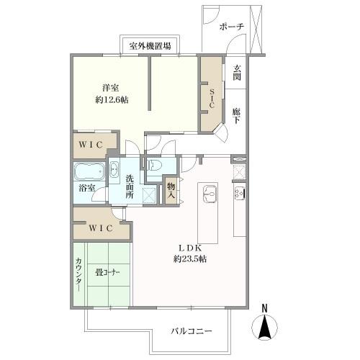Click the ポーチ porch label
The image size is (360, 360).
[231, 27]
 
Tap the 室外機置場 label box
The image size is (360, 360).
[150, 45]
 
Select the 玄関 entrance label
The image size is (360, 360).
[237, 74]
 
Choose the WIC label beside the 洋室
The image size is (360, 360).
[93, 145]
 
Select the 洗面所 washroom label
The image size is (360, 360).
[130, 186]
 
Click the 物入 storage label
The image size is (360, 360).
[171, 190]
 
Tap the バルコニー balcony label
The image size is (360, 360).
[192, 332]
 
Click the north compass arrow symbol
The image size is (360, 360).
[264, 330]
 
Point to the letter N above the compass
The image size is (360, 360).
[264, 310]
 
